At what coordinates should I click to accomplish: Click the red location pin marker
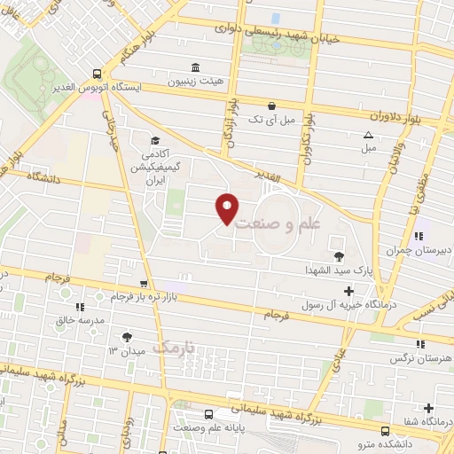[228, 208]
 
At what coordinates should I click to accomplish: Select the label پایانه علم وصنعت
[208, 427]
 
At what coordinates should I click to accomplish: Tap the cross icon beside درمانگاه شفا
[429, 408]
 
